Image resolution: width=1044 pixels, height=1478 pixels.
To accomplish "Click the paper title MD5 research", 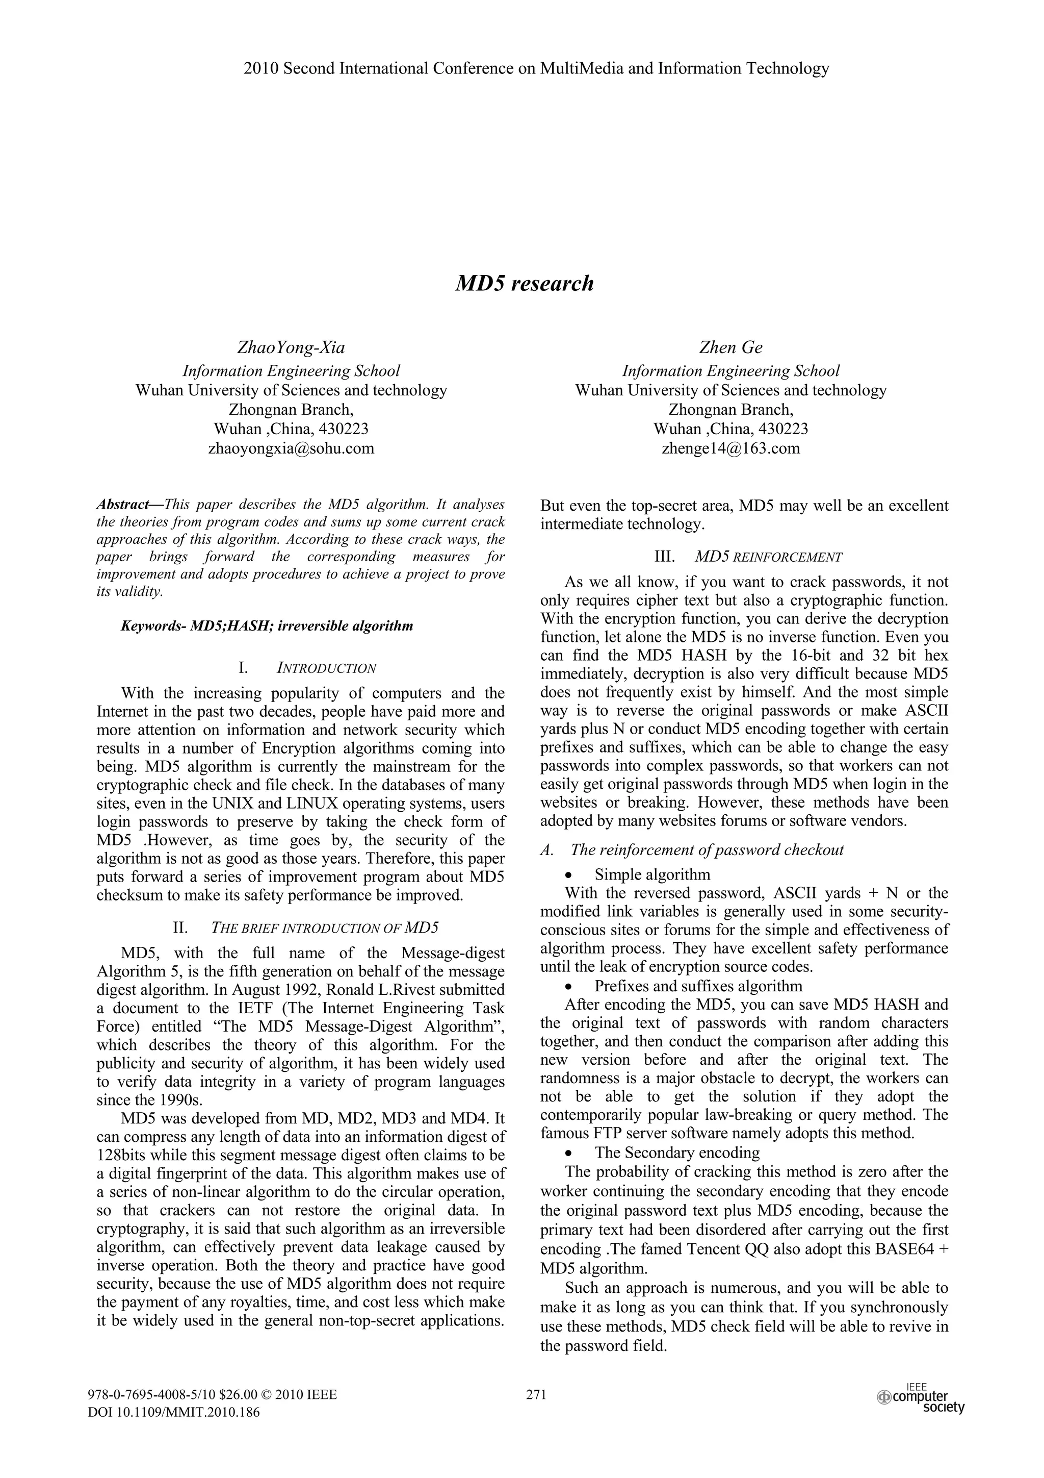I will click(x=524, y=284).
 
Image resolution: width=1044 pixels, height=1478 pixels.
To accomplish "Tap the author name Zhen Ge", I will click(x=730, y=347).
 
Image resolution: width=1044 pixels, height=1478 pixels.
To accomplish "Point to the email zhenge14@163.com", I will click(x=730, y=448).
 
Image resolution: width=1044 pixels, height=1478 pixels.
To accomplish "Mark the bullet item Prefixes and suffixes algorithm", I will click(x=698, y=986).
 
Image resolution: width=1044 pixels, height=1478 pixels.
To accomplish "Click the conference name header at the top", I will click(x=536, y=68).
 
